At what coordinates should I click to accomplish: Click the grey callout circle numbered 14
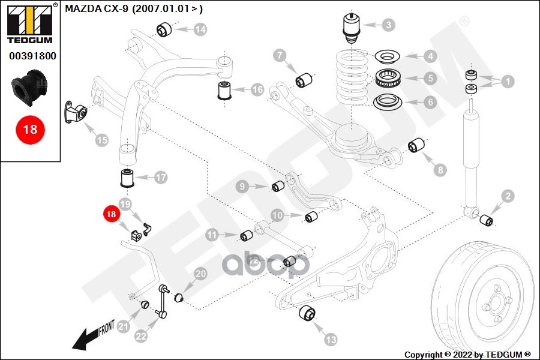point(200,29)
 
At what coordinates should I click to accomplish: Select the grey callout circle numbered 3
point(389,25)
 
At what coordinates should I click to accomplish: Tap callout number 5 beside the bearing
point(430,78)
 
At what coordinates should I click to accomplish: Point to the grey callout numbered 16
point(257,90)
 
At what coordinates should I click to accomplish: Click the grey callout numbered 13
point(331,340)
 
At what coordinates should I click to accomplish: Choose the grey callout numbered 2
point(508,196)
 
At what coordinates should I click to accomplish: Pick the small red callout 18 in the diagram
point(111,214)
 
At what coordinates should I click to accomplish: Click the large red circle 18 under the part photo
point(30,129)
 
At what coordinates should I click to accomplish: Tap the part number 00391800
point(32,56)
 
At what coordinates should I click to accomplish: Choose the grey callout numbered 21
point(124,327)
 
